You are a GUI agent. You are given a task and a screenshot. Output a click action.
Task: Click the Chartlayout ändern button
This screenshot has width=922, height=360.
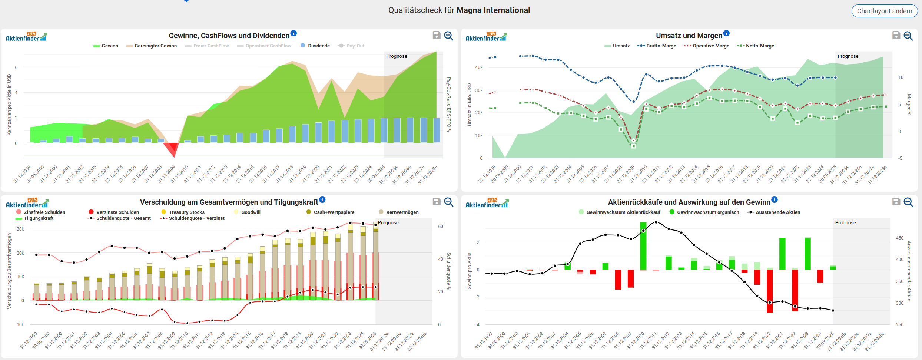point(884,11)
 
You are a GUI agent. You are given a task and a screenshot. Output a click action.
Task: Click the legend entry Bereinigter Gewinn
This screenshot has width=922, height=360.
point(155,46)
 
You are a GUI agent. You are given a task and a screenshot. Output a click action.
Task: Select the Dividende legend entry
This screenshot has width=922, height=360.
point(318,46)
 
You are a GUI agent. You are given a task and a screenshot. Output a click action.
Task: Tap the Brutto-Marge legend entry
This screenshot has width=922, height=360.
point(661,46)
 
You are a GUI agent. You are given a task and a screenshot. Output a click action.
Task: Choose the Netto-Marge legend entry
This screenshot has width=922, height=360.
point(759,46)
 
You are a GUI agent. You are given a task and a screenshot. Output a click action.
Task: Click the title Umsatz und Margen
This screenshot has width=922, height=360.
point(689,36)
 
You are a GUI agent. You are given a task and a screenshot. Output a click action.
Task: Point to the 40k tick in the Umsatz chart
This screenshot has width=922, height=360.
point(479,67)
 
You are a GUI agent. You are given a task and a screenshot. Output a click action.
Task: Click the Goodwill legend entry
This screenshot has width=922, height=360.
point(251,212)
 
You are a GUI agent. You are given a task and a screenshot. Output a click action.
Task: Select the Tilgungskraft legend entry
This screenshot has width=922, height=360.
point(38,218)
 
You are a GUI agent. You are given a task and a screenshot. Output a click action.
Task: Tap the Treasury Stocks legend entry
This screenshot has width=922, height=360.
point(186,212)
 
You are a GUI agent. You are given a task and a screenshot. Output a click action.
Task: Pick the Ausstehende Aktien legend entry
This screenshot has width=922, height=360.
point(777,212)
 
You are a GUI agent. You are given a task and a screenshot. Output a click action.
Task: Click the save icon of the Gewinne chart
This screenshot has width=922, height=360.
point(437,35)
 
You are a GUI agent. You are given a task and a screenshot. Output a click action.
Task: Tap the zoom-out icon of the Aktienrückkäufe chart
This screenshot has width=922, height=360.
point(908,202)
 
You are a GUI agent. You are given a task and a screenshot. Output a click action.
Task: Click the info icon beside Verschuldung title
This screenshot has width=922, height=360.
point(322,200)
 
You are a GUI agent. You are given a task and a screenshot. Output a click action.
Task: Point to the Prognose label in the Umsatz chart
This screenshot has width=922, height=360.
point(848,56)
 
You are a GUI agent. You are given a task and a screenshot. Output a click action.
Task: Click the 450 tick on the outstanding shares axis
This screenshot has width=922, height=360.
point(899,238)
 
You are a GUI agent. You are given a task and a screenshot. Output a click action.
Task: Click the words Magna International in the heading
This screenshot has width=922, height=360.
point(493,10)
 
